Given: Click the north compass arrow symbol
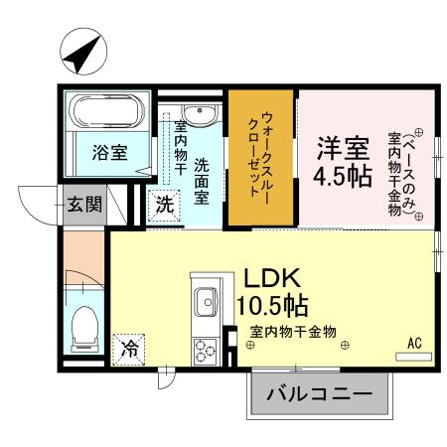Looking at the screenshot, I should coord(80,55).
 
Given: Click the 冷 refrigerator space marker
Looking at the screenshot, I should coord(129,349).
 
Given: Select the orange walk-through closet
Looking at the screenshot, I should coord(263,159).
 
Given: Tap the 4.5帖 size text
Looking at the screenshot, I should coord(343,179).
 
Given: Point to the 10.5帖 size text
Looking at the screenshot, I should coord(271,303).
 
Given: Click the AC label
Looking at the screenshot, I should coord(415,344).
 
